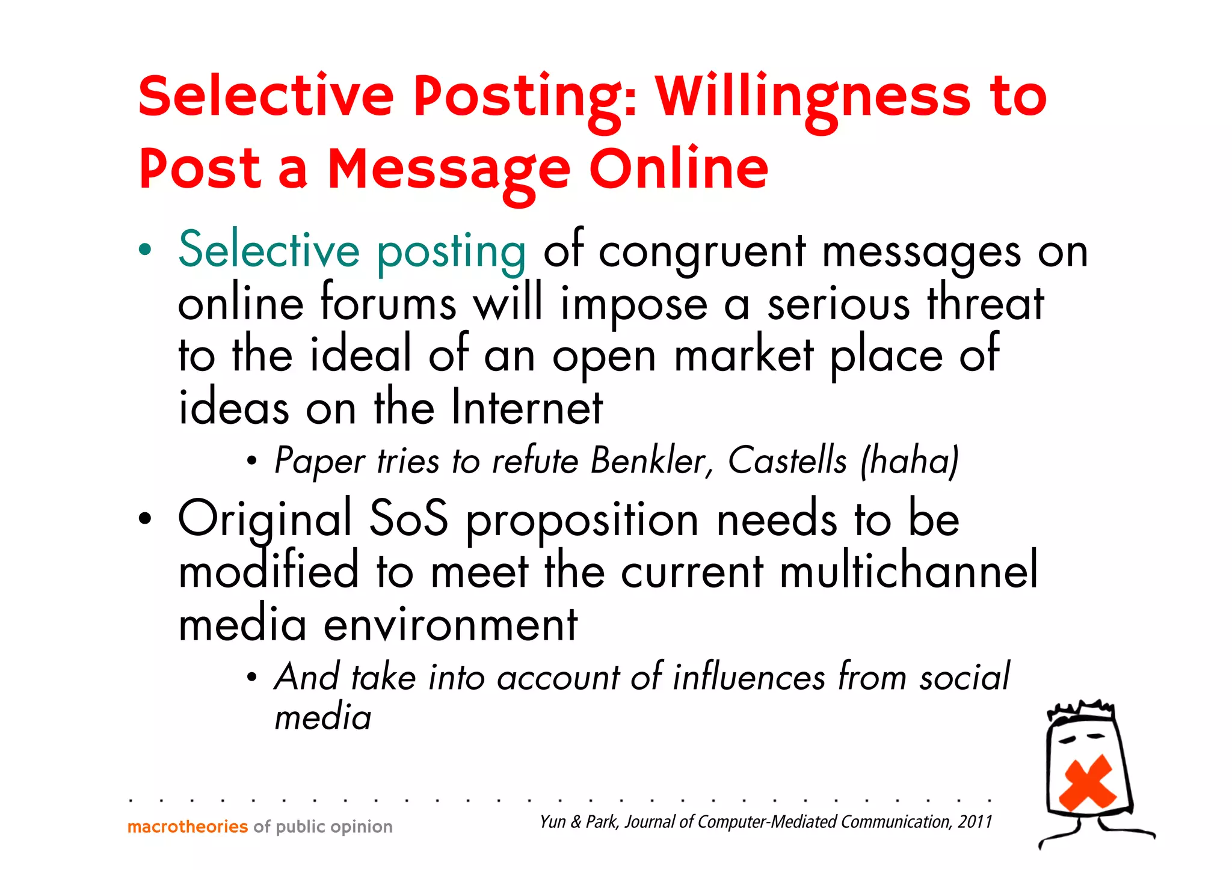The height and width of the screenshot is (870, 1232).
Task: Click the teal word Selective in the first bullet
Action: (x=269, y=250)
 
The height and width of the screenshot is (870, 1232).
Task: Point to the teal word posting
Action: (x=451, y=253)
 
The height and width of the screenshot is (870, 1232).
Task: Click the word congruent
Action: (x=701, y=253)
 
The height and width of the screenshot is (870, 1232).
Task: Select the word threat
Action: (x=985, y=303)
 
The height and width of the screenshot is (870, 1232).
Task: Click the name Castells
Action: (x=787, y=461)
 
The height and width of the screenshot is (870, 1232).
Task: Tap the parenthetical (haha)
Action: (x=909, y=462)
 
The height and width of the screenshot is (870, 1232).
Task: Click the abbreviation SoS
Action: (x=408, y=518)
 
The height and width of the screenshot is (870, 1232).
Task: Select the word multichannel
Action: (x=908, y=571)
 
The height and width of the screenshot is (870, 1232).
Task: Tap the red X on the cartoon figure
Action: (x=1087, y=782)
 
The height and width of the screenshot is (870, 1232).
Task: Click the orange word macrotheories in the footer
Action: (x=188, y=827)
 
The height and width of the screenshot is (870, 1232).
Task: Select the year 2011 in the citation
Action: (x=975, y=822)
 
